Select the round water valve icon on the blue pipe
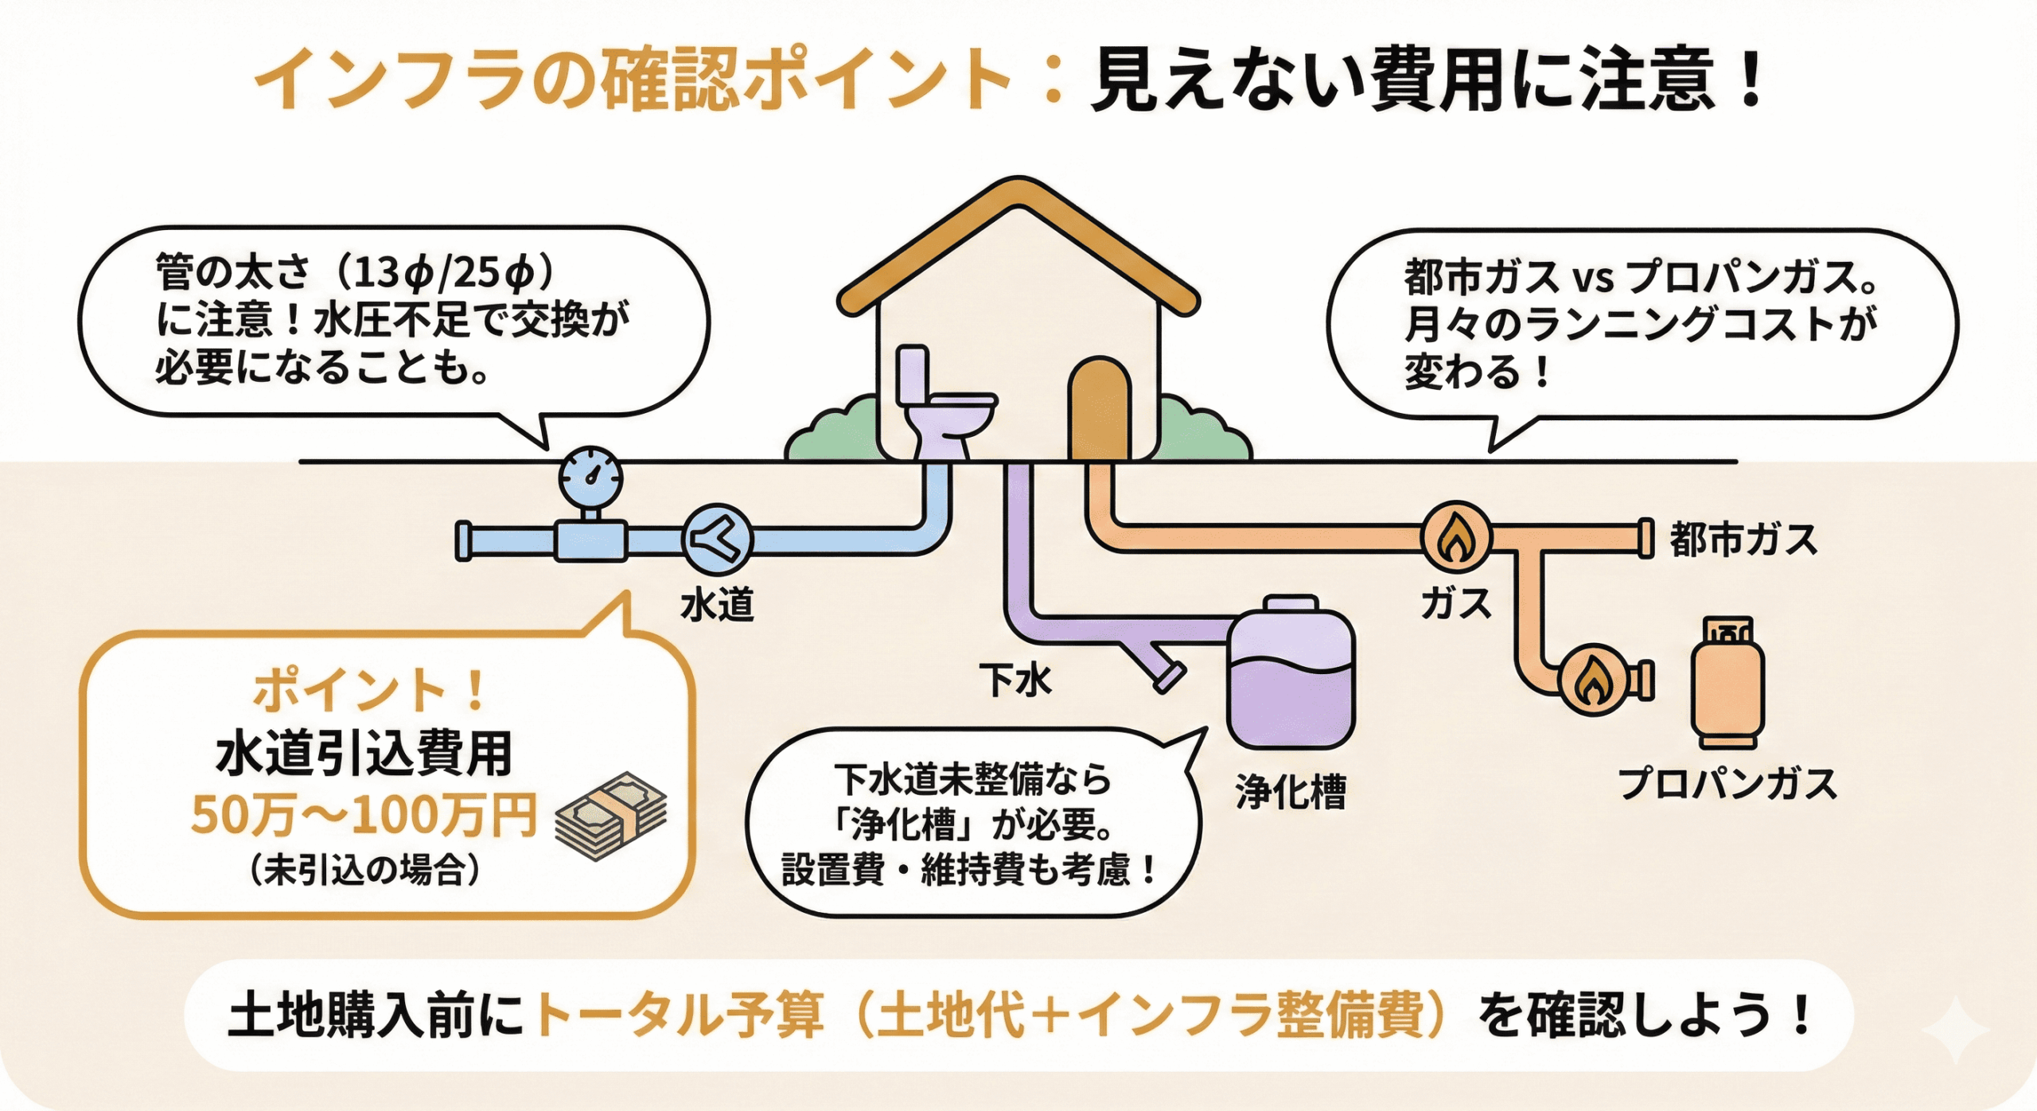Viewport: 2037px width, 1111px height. point(717,540)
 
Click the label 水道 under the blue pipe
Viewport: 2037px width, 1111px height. point(717,605)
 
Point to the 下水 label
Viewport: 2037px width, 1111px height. point(1015,680)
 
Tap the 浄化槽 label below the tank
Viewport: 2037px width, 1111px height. point(1290,792)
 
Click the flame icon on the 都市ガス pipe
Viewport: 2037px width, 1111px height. point(1455,538)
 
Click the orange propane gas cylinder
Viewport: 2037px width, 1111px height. point(1727,684)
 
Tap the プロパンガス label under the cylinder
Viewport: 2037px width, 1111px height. point(1727,784)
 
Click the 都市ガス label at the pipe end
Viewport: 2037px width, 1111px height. point(1743,540)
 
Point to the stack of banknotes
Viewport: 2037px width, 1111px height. point(611,816)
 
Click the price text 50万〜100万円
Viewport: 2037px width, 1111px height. point(364,816)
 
